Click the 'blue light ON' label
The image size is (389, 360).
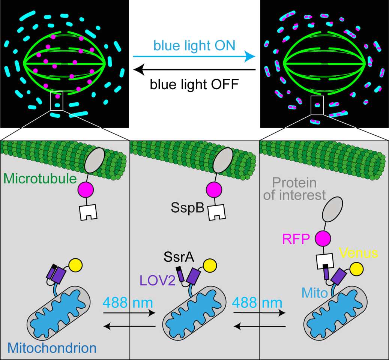click(x=194, y=46)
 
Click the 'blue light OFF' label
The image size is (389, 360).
click(x=194, y=84)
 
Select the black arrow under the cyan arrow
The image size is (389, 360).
click(x=194, y=70)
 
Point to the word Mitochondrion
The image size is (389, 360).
click(x=52, y=348)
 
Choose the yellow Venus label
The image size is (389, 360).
click(x=358, y=254)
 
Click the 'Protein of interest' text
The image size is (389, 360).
click(x=294, y=190)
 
